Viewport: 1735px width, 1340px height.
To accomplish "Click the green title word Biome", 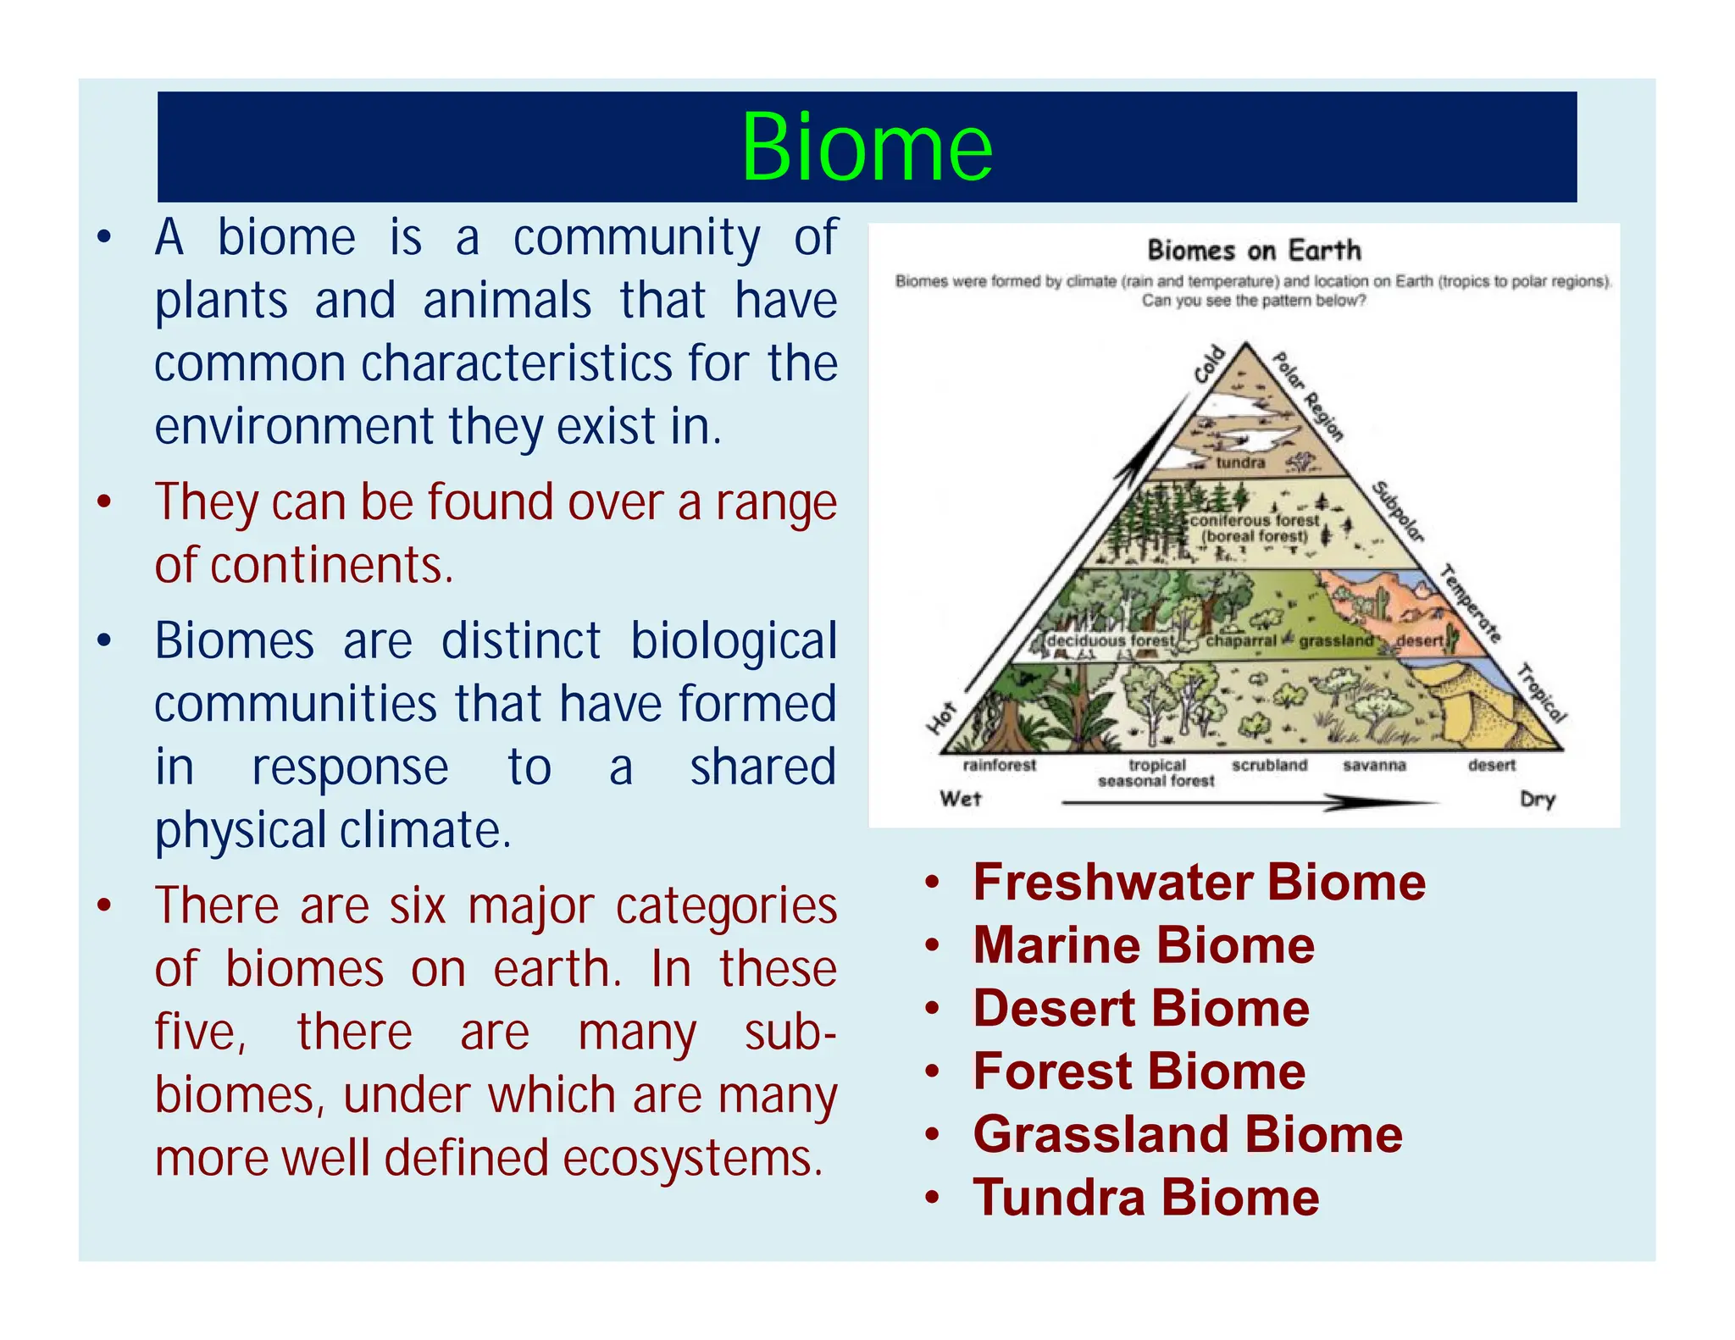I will [x=867, y=147].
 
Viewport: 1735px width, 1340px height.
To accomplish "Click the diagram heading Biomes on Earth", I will [x=1254, y=251].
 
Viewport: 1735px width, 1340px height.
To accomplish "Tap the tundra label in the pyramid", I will [x=1240, y=462].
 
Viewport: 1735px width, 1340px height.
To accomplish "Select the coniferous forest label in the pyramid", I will [x=1255, y=521].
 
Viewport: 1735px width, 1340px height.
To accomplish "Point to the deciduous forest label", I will [x=1110, y=641].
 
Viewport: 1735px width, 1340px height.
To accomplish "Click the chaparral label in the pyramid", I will [x=1240, y=641].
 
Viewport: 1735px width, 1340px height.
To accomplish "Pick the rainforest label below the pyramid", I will [x=999, y=765].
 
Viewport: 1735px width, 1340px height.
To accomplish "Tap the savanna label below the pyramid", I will [x=1374, y=765].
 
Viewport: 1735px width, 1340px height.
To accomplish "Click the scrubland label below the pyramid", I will [x=1269, y=765].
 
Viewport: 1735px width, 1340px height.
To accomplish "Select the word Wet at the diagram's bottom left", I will [x=960, y=799].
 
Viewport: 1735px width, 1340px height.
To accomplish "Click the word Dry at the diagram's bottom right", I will [x=1537, y=799].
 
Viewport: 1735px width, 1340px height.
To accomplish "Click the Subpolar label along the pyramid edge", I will [x=1398, y=512].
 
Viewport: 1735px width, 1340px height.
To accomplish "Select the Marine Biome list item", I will [x=1144, y=945].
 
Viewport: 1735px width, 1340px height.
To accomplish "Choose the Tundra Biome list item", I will [x=1146, y=1198].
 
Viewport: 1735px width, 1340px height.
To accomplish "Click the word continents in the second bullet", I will [x=330, y=566].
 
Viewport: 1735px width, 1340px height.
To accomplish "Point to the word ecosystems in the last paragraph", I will [x=692, y=1158].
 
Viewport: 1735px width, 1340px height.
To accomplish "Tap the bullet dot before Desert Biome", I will [x=933, y=1009].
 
